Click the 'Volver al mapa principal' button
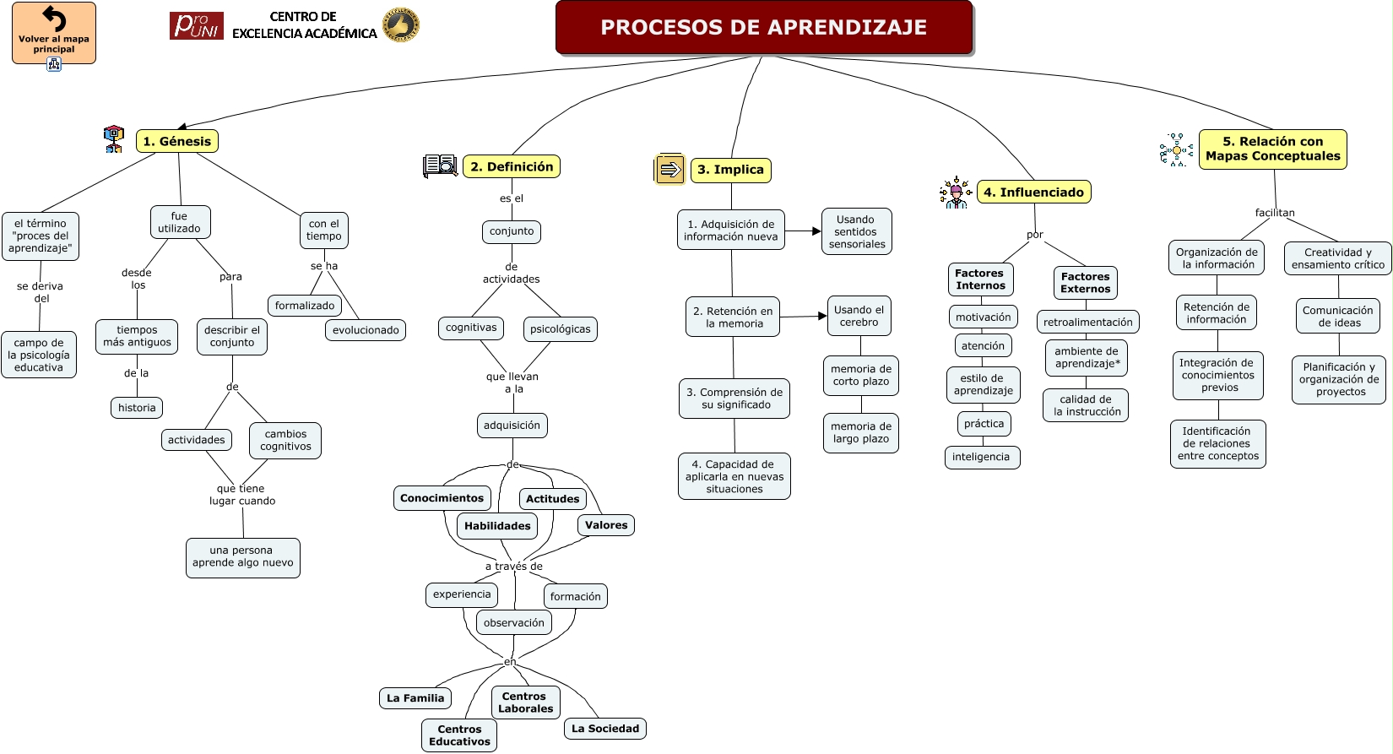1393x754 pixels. point(53,33)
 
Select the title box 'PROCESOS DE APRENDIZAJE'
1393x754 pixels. point(763,28)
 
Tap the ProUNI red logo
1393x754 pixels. point(196,26)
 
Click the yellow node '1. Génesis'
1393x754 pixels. point(176,141)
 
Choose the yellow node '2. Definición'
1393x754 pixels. point(512,166)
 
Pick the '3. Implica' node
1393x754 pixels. point(730,170)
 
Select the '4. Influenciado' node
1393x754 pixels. point(1033,193)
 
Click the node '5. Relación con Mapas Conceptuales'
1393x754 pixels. point(1272,149)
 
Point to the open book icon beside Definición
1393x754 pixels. point(440,165)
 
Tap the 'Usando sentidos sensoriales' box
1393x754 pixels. point(856,231)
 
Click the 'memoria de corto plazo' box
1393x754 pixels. point(860,375)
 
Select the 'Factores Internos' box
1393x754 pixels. point(979,279)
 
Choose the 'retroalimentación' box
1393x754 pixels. point(1087,322)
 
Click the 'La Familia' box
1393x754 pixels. point(415,698)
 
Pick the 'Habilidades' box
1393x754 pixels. point(497,526)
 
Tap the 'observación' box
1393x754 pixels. point(513,623)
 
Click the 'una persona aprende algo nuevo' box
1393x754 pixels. point(242,557)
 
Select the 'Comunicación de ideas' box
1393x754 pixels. point(1337,316)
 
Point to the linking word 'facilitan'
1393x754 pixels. point(1274,213)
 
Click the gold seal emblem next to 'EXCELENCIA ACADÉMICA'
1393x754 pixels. point(400,25)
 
